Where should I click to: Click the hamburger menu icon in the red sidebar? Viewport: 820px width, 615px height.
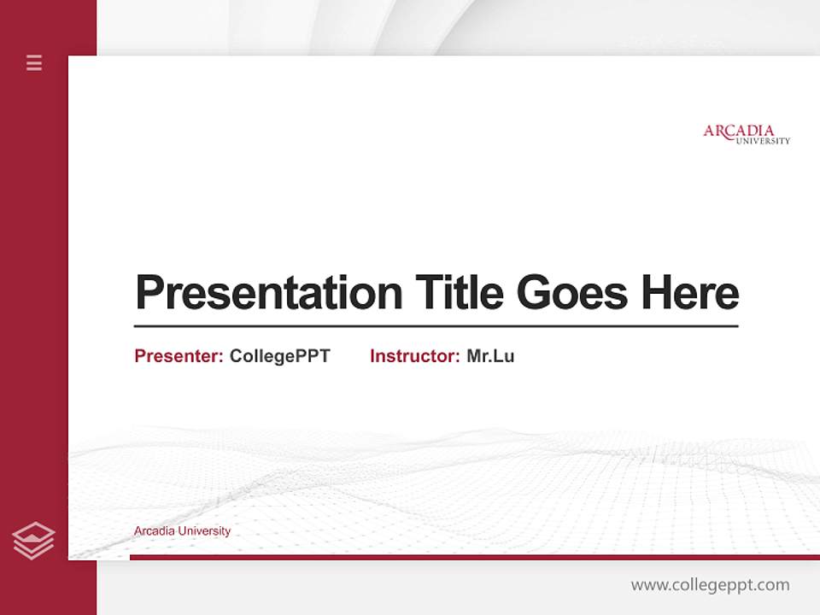coord(34,62)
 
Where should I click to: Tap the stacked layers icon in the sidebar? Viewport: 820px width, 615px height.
coord(33,541)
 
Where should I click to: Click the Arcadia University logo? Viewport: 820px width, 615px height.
coord(746,134)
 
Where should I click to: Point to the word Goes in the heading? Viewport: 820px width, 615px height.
coord(573,293)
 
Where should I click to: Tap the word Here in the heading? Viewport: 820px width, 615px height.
coord(690,293)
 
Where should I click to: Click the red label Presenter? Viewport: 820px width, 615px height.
coord(179,356)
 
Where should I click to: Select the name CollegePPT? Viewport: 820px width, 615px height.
coord(279,356)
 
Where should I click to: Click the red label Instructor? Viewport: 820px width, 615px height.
coord(414,356)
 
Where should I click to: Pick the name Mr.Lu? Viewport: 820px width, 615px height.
coord(490,356)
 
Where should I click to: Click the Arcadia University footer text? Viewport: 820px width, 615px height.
coord(182,531)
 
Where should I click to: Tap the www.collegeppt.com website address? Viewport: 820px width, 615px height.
coord(710,585)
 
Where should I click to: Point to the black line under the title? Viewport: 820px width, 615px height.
coord(436,326)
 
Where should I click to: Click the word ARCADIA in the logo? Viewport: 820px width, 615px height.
coord(739,131)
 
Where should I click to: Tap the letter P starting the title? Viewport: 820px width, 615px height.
coord(149,293)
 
